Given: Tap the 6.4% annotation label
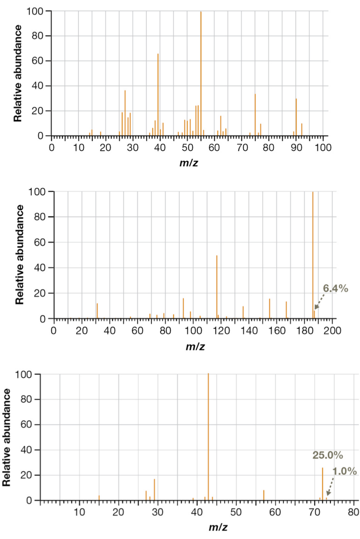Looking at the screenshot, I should point(336,289).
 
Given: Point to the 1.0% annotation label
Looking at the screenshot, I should point(344,471).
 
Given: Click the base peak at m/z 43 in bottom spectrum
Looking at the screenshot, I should point(208,437).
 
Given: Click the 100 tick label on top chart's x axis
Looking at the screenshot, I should point(322,147).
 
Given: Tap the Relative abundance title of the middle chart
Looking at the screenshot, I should point(20,254).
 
